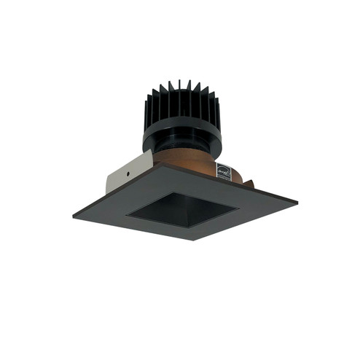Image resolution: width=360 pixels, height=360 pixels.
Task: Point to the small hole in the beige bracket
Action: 128,176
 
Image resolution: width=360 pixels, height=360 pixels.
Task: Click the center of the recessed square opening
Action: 182,209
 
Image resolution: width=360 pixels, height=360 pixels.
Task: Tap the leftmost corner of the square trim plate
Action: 73,213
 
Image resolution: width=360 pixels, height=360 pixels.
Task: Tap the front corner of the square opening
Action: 190,227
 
